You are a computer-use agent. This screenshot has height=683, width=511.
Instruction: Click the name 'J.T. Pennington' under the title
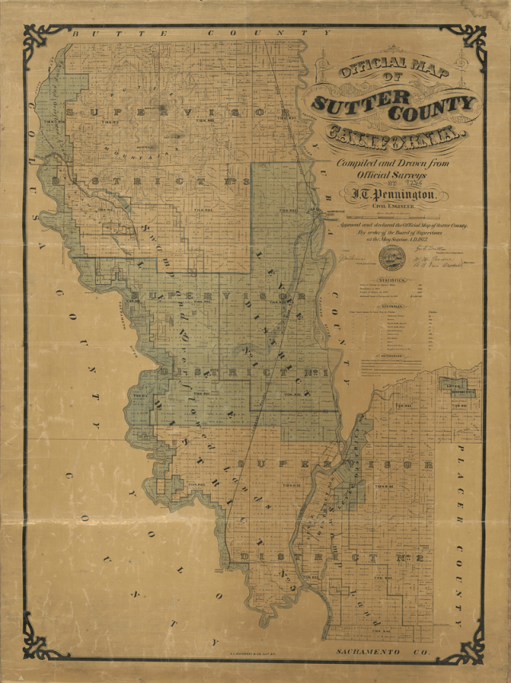pos(390,193)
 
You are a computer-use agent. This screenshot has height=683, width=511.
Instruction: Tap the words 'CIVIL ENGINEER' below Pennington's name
pos(388,207)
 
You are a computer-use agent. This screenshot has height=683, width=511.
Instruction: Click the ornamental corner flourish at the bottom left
pos(41,642)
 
